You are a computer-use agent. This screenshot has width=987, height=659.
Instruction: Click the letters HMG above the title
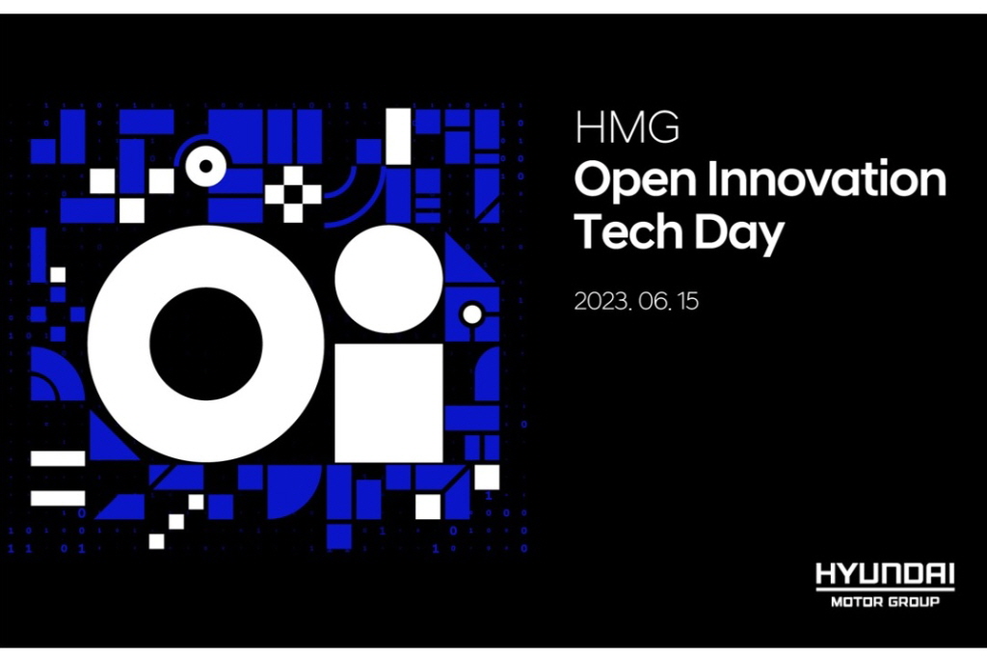click(627, 127)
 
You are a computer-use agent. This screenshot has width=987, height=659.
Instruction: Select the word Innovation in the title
click(826, 178)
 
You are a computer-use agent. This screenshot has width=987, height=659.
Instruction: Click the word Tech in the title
click(628, 231)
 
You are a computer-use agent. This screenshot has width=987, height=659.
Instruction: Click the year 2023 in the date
click(601, 301)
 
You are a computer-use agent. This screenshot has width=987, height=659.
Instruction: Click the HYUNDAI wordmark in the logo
click(885, 574)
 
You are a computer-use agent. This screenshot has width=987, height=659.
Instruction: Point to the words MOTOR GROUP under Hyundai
click(885, 602)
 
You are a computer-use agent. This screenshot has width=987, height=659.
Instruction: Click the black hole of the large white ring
click(206, 344)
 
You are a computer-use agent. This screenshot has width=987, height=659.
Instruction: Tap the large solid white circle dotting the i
click(389, 279)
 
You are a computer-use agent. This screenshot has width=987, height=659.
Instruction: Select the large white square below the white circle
click(389, 403)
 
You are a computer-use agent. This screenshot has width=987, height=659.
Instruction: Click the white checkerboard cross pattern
click(293, 194)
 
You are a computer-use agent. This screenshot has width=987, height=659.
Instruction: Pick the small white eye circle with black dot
click(205, 166)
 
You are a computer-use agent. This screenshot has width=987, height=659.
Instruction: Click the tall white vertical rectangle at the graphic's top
click(398, 137)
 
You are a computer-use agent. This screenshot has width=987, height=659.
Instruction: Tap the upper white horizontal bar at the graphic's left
click(58, 458)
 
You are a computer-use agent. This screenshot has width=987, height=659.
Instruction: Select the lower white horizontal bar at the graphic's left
click(58, 498)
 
